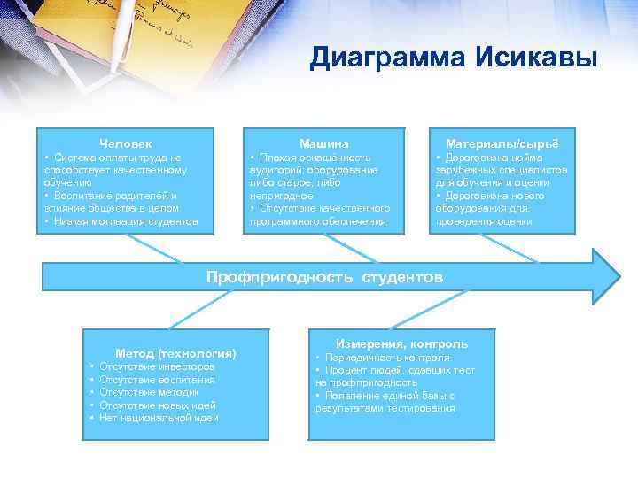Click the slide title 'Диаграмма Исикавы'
[454, 58]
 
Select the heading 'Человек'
[125, 143]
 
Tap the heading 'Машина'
[323, 143]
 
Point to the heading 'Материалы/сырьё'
[502, 143]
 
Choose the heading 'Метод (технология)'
[175, 353]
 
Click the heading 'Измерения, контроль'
[401, 343]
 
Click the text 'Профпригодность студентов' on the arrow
[323, 277]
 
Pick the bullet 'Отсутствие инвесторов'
[157, 366]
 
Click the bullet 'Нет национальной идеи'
[159, 418]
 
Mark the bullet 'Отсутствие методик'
[149, 392]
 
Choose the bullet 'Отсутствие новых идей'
[158, 405]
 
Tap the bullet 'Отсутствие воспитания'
[157, 379]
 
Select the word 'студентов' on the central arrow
[401, 277]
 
